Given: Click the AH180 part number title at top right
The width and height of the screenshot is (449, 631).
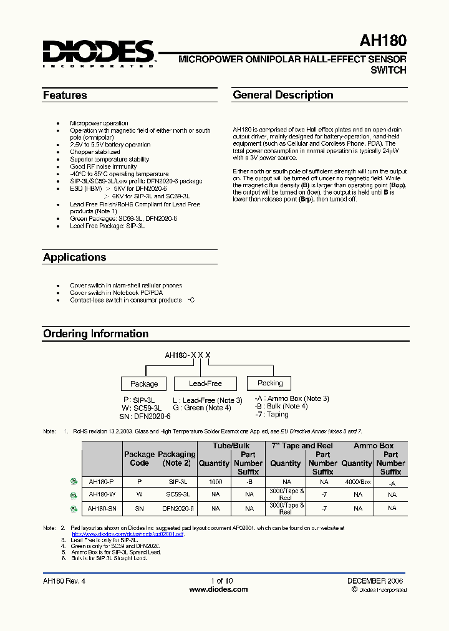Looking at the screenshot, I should [x=382, y=41].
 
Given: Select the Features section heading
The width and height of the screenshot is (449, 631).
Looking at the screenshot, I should [x=65, y=95].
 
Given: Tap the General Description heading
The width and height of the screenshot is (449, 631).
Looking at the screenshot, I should [x=282, y=95].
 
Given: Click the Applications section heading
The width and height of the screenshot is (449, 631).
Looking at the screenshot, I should [x=74, y=257].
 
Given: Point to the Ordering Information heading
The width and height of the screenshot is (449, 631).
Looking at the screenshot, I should [x=95, y=334].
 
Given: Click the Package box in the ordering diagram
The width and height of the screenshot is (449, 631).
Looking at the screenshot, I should [x=144, y=383].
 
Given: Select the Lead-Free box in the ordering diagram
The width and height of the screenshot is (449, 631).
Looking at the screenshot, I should [x=196, y=383].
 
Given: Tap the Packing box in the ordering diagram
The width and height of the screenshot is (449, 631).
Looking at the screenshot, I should [x=269, y=383].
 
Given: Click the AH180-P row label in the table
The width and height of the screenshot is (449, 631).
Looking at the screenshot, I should [x=101, y=481].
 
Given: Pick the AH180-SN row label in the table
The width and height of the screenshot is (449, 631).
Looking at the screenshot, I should [x=101, y=509].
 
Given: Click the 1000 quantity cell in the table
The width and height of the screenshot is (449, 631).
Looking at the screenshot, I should [x=215, y=481].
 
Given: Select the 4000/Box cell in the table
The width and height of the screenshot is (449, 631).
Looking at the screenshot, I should [x=357, y=481].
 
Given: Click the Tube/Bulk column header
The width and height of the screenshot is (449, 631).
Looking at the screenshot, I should [x=231, y=446].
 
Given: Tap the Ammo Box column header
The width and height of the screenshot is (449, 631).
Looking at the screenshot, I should [x=374, y=446].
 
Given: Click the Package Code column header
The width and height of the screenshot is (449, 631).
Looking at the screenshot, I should [x=139, y=459].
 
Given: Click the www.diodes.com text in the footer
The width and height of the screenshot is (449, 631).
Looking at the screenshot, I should [x=218, y=589].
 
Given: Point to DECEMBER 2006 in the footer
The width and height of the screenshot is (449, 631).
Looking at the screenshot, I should [x=375, y=580].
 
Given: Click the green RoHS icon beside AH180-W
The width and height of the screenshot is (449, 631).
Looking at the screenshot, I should [x=74, y=495].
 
